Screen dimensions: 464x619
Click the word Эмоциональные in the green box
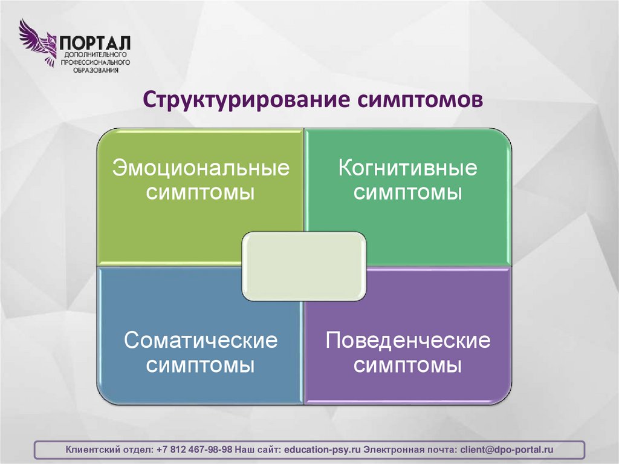[201, 168]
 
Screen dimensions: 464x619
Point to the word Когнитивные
[407, 168]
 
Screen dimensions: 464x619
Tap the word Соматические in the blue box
[201, 341]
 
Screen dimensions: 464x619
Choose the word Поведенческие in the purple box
[407, 341]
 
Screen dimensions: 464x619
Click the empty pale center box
[303, 266]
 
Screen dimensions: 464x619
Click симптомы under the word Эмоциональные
[201, 193]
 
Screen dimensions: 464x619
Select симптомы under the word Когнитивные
[407, 193]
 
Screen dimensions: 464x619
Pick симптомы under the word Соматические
[201, 366]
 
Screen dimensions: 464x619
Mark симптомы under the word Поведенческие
[407, 366]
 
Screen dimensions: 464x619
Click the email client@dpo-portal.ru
[507, 449]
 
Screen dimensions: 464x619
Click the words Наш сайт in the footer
[258, 449]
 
